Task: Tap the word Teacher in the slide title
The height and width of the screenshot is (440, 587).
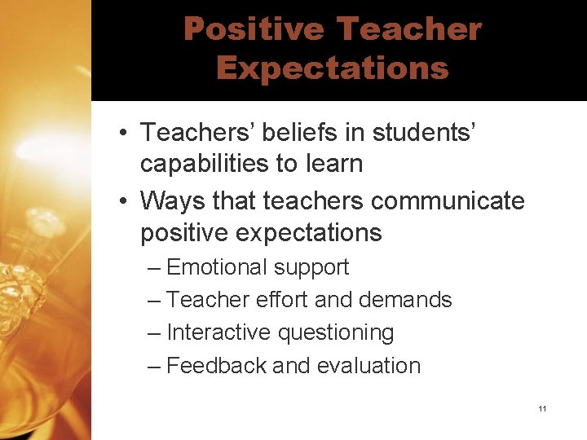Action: pyautogui.click(x=408, y=29)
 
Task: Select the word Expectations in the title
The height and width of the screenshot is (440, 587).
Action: pyautogui.click(x=332, y=68)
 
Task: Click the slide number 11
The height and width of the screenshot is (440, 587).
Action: pyautogui.click(x=542, y=407)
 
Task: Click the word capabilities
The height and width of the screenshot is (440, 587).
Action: pyautogui.click(x=205, y=163)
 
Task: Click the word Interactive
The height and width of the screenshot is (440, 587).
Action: pyautogui.click(x=218, y=332)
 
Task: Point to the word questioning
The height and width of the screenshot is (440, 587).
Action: pyautogui.click(x=336, y=332)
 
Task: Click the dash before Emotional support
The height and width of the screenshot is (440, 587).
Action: pyautogui.click(x=154, y=267)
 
